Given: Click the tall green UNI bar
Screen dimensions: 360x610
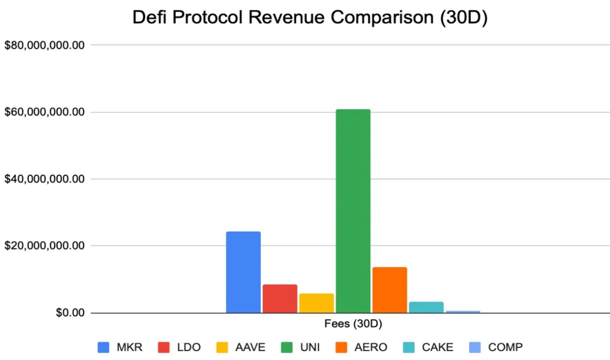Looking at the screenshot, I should (x=353, y=211).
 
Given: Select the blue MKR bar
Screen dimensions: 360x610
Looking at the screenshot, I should (x=243, y=272).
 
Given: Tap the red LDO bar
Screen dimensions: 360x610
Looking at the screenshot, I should (x=280, y=299).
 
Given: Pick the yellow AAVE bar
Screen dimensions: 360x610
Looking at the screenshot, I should (x=317, y=303).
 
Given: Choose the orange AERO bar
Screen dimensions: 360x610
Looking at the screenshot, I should (x=390, y=290).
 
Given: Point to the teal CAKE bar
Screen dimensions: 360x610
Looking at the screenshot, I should (x=426, y=307).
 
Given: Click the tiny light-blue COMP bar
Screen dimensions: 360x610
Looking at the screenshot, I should (x=463, y=312).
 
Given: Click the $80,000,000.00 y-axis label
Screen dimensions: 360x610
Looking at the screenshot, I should (x=44, y=45).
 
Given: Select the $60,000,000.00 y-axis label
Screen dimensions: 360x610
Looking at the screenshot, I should (x=44, y=112).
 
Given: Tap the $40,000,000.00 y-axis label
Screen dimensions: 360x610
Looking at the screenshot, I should (x=44, y=179).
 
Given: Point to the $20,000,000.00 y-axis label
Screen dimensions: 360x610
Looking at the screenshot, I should (x=44, y=246).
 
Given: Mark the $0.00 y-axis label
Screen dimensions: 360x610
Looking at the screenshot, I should (x=70, y=313).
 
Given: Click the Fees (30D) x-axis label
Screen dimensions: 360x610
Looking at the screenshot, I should (x=353, y=323).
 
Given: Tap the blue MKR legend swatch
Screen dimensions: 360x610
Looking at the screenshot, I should (x=103, y=347).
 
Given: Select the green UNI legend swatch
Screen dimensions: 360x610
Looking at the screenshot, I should (x=287, y=347).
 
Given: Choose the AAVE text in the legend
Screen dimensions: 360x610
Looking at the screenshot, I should (x=250, y=347).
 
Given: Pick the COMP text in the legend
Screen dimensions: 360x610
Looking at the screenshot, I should (x=505, y=347).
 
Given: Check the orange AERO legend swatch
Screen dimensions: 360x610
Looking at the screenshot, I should (x=341, y=347).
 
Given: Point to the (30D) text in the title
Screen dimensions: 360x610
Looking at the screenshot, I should (x=463, y=17).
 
